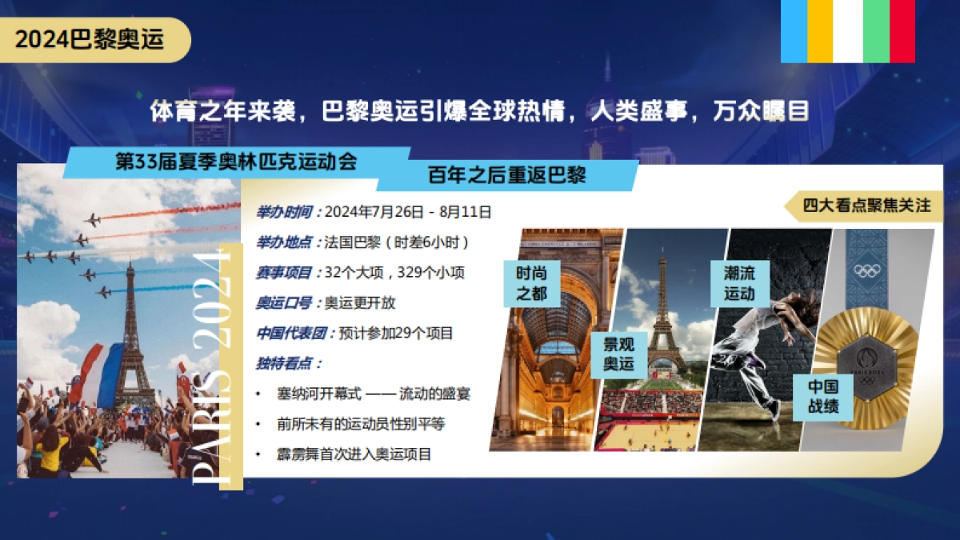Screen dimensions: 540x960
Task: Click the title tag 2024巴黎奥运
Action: (90, 40)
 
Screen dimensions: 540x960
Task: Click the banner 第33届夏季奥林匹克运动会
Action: (236, 162)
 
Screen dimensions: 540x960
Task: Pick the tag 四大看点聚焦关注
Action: (867, 206)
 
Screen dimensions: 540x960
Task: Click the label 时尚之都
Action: (532, 283)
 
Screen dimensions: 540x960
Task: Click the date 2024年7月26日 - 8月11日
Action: (408, 212)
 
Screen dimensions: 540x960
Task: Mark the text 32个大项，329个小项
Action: (394, 273)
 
